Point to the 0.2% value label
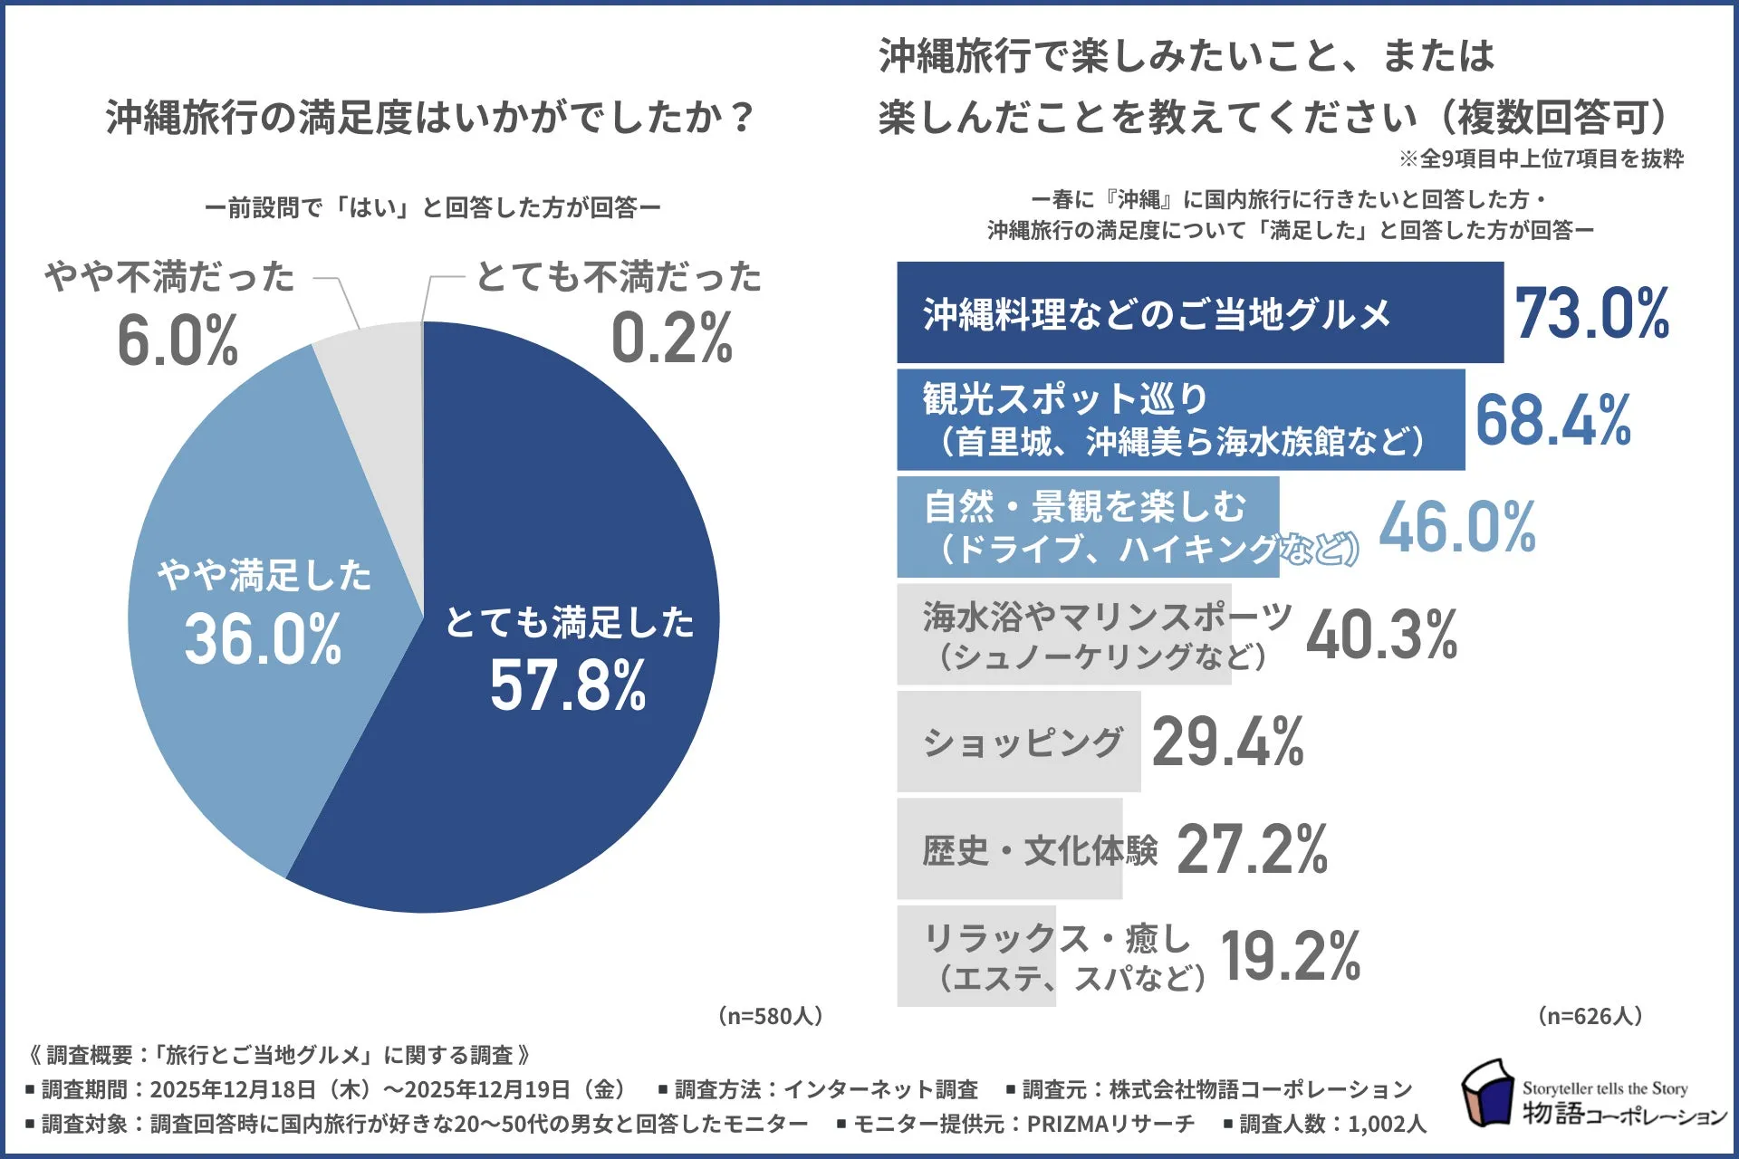coord(671,339)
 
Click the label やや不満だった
coord(170,277)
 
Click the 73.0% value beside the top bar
coord(1591,314)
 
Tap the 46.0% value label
coord(1456,528)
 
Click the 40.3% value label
coord(1381,635)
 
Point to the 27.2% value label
coord(1252,849)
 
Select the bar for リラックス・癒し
coord(976,956)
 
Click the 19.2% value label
coord(1290,956)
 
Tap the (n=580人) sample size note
coord(770,1016)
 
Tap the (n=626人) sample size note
coord(1590,1016)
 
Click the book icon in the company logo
coord(1487,1093)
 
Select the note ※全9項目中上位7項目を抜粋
coord(1541,159)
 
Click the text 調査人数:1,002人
coord(1331,1125)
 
